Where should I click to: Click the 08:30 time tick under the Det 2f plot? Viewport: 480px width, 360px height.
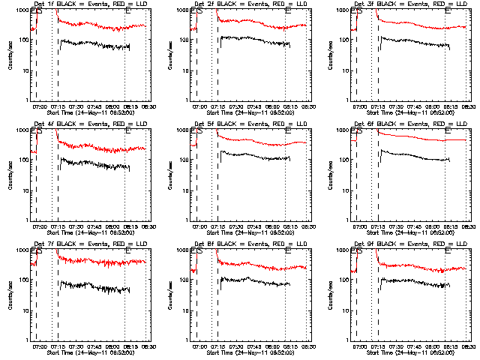308,108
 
